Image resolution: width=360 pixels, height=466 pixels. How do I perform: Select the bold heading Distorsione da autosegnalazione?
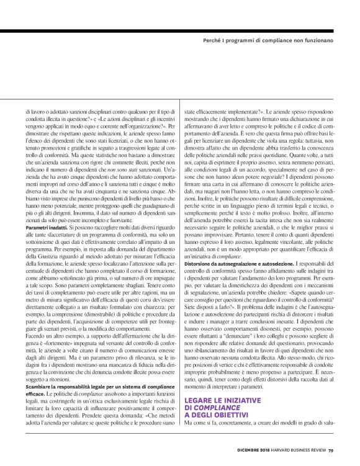coord(230,264)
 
